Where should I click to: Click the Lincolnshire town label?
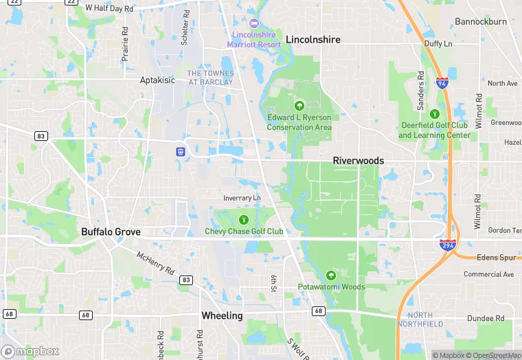313,40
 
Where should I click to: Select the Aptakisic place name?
157,80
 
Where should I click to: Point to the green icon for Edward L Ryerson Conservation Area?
299,106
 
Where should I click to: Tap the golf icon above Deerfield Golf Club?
434,114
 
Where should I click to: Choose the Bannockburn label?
481,22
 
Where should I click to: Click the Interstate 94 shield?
442,82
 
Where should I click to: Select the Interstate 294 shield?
449,245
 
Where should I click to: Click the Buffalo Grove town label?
111,232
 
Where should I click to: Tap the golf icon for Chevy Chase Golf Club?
244,219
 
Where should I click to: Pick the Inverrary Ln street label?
242,198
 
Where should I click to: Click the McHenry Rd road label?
155,263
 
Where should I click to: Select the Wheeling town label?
222,316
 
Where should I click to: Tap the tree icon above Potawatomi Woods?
331,275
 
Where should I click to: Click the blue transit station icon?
180,151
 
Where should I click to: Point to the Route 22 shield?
71,2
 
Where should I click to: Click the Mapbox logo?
31,351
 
